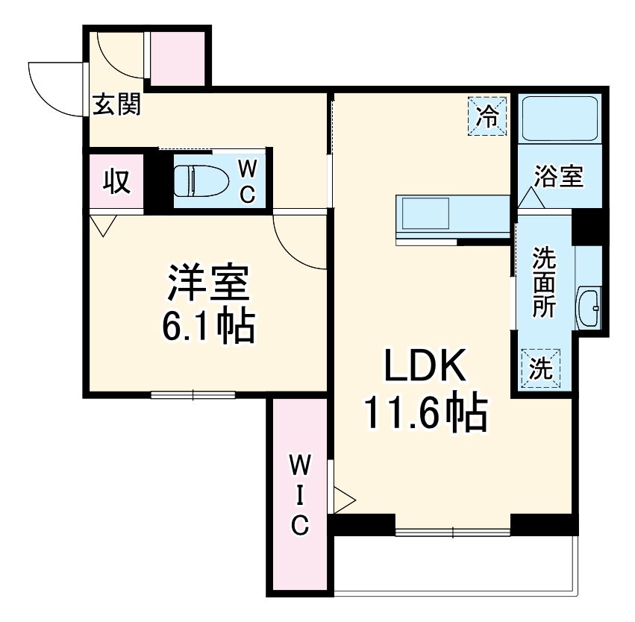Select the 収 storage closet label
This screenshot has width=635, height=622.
pyautogui.click(x=116, y=180)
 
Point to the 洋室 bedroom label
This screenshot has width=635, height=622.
pyautogui.click(x=209, y=284)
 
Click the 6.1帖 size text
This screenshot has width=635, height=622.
pyautogui.click(x=209, y=326)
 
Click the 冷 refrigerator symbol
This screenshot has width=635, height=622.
pyautogui.click(x=488, y=116)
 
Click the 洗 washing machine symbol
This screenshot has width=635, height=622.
pyautogui.click(x=541, y=368)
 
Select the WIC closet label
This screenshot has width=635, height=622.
pyautogui.click(x=299, y=496)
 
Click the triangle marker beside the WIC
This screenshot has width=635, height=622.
pyautogui.click(x=343, y=499)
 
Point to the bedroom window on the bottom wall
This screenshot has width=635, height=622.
pyautogui.click(x=193, y=395)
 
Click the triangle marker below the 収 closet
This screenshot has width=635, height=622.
pyautogui.click(x=103, y=224)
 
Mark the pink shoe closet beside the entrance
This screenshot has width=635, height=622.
pyautogui.click(x=178, y=58)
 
